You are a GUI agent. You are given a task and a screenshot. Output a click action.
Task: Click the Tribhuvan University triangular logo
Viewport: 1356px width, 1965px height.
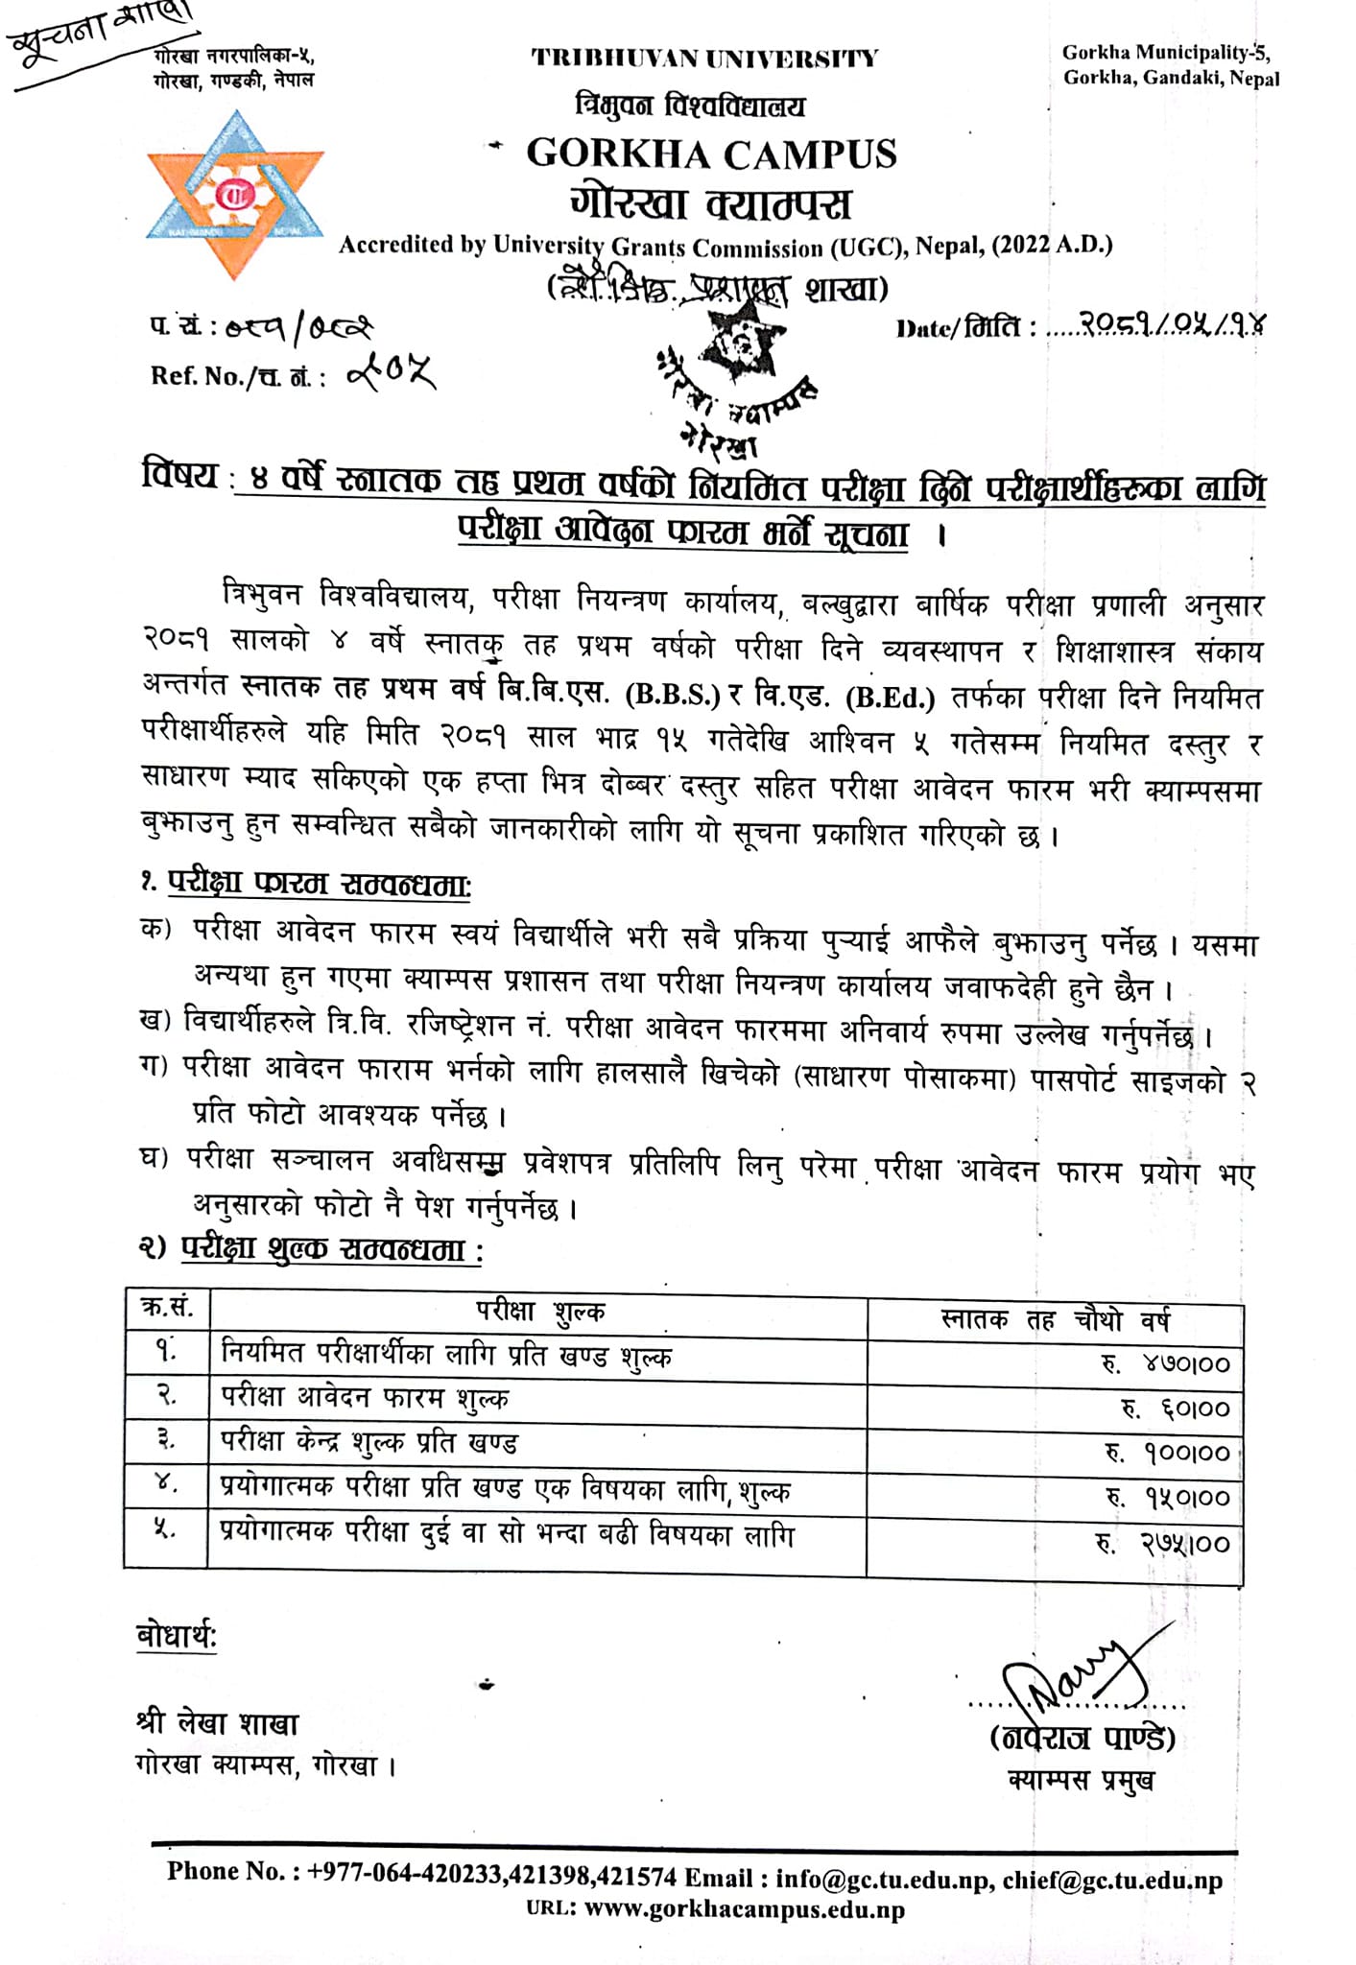(235, 195)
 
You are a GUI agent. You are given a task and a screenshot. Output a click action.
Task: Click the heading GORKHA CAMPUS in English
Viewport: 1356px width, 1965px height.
(711, 154)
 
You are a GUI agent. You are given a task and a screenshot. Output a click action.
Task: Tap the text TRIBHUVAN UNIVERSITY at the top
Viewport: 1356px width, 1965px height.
(704, 59)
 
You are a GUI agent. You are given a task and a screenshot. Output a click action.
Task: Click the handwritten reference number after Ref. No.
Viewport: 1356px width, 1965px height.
(391, 372)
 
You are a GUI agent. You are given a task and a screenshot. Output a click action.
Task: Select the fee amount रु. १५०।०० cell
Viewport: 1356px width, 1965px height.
(1167, 1497)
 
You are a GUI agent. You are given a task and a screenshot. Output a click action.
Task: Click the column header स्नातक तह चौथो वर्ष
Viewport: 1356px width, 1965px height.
(1055, 1320)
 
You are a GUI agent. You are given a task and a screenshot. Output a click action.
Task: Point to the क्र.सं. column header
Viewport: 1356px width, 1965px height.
(167, 1307)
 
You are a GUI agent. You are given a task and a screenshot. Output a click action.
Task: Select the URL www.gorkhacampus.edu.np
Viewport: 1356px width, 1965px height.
(744, 1909)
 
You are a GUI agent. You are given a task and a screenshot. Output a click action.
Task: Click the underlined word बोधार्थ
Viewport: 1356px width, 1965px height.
(177, 1636)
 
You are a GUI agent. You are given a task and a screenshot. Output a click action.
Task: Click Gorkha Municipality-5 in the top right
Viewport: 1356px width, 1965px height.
(1165, 53)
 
